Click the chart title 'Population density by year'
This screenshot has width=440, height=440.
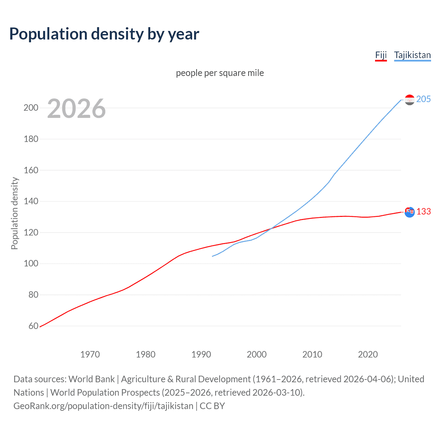[x=104, y=34]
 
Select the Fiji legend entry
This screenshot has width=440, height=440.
[x=381, y=55]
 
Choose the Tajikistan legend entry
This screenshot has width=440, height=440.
[x=412, y=55]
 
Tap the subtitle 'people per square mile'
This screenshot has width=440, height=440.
[x=220, y=73]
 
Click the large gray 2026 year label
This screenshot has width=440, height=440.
[x=76, y=109]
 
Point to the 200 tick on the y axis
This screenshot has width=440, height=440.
[x=31, y=108]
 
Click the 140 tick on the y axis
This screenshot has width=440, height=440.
[x=31, y=201]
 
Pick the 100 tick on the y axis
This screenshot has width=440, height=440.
[x=31, y=264]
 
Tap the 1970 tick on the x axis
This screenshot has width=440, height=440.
[x=90, y=354]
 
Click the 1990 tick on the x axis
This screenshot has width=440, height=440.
[x=201, y=354]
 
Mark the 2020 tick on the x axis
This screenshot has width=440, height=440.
[x=368, y=354]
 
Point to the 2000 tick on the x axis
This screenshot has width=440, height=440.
[x=257, y=354]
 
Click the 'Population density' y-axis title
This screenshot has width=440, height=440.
[x=14, y=213]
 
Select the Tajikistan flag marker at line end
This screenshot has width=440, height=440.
[x=409, y=100]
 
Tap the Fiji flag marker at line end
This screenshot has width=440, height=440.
[x=409, y=212]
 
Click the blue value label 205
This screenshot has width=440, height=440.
[x=423, y=99]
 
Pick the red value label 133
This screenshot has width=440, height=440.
[x=423, y=211]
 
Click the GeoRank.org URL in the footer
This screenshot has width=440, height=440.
[x=103, y=406]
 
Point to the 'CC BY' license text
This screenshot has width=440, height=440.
[x=212, y=406]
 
